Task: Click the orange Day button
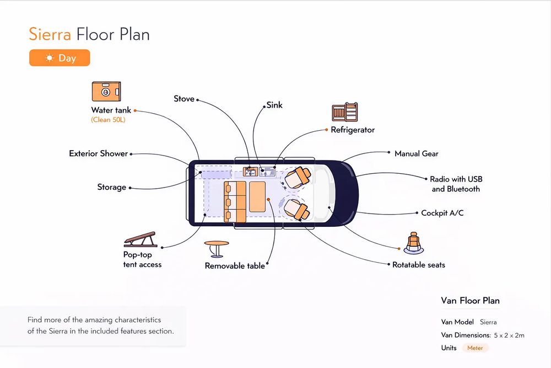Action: click(60, 58)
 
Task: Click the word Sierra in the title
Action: click(50, 34)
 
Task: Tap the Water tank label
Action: click(111, 110)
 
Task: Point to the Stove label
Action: click(184, 99)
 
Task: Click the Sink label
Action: click(274, 105)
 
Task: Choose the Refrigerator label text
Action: click(353, 130)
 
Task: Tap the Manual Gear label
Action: click(417, 153)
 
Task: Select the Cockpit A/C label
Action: click(442, 213)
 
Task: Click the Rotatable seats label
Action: click(419, 265)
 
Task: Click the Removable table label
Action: click(235, 266)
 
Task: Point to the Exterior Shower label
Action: click(99, 153)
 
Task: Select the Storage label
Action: click(112, 188)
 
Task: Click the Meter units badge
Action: click(475, 348)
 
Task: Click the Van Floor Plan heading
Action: click(471, 301)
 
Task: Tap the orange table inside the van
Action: click(260, 197)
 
